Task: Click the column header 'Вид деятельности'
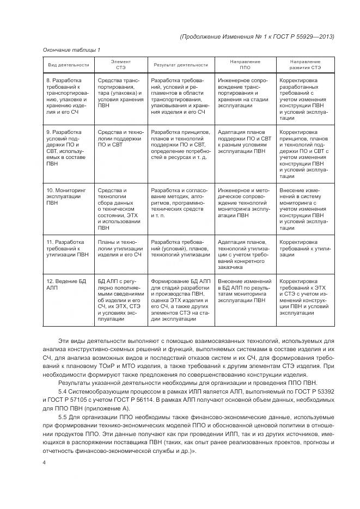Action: pos(69,65)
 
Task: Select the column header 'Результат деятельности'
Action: pos(180,65)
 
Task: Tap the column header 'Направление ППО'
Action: pos(245,65)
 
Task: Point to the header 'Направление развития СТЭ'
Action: pos(304,65)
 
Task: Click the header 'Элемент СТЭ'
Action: pos(120,65)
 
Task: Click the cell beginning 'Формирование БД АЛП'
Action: pos(180,299)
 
